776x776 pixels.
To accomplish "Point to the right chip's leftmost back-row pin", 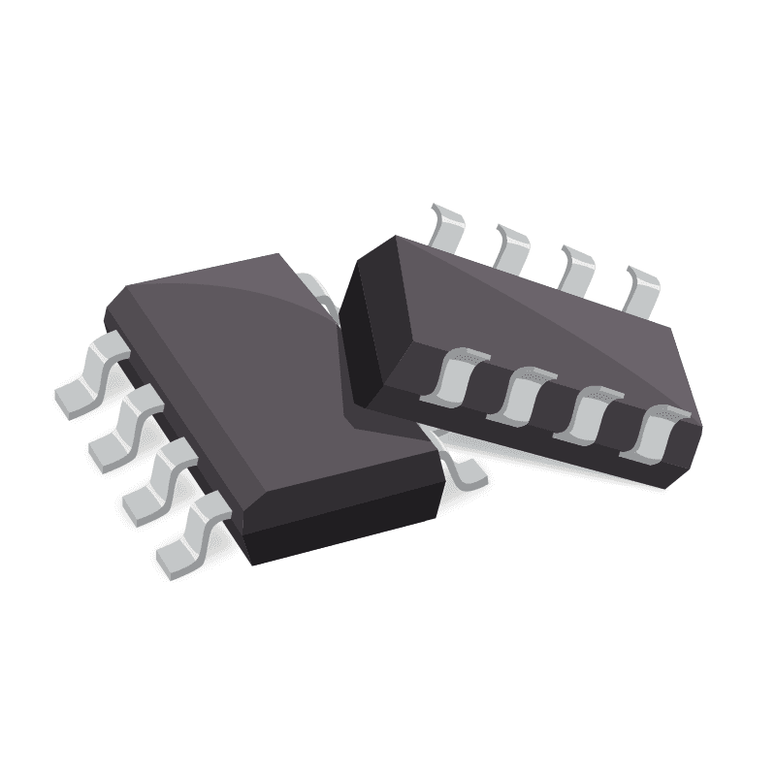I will click(445, 227).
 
